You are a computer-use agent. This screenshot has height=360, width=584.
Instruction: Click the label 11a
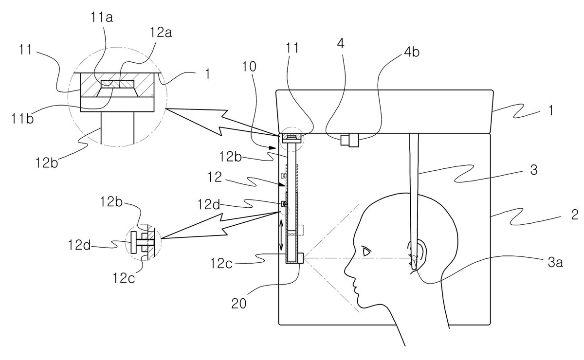(102, 18)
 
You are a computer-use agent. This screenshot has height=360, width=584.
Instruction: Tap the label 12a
(161, 33)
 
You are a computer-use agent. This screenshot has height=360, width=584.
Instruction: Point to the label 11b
(22, 119)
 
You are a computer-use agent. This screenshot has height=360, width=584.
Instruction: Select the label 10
(249, 67)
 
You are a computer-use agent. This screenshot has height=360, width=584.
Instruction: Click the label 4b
(412, 52)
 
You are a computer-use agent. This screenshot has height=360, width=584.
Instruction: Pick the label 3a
(555, 263)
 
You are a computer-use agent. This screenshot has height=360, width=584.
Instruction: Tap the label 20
(239, 304)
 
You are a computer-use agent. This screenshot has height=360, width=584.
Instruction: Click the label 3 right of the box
(534, 170)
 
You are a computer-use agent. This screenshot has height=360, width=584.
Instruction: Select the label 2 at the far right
(575, 215)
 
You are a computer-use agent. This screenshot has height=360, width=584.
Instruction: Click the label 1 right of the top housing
(550, 110)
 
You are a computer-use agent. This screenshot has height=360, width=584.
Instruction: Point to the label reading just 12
(215, 177)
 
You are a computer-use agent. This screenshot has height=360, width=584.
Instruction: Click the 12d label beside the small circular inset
(79, 245)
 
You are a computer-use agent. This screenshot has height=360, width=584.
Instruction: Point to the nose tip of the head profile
(346, 271)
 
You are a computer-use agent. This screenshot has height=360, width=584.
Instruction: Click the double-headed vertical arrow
(282, 234)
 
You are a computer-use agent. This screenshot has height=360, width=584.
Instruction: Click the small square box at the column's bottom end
(300, 258)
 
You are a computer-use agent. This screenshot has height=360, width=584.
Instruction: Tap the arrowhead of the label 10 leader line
(273, 148)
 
